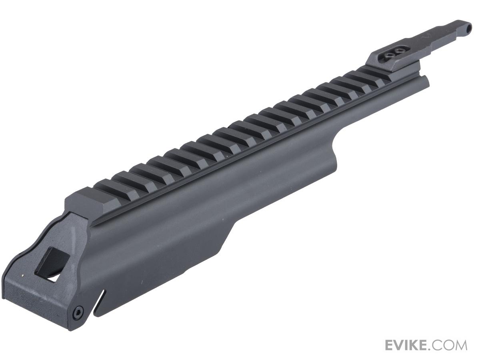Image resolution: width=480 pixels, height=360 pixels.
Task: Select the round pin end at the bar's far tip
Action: coord(468,27)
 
